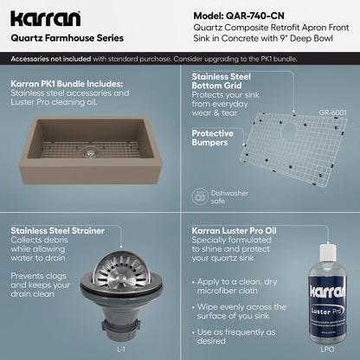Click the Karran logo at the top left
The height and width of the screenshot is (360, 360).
(45, 19)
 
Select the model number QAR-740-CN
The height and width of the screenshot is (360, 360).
(254, 16)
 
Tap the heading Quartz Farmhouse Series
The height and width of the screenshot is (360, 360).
(67, 38)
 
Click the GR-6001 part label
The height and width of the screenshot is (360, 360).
(332, 112)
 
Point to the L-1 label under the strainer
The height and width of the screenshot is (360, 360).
(121, 350)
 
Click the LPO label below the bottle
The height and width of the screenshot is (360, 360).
(327, 350)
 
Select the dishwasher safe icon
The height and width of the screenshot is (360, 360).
(200, 196)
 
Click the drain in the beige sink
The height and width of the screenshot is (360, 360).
(90, 153)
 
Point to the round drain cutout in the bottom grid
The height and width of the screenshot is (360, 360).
(289, 132)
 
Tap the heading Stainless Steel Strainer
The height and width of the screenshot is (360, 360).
(58, 231)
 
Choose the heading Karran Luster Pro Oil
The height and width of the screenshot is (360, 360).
(235, 231)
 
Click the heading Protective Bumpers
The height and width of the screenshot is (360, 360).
(213, 138)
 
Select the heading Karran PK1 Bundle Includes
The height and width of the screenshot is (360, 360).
(67, 84)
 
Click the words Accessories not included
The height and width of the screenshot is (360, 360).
(51, 59)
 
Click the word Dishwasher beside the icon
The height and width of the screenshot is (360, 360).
(229, 193)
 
